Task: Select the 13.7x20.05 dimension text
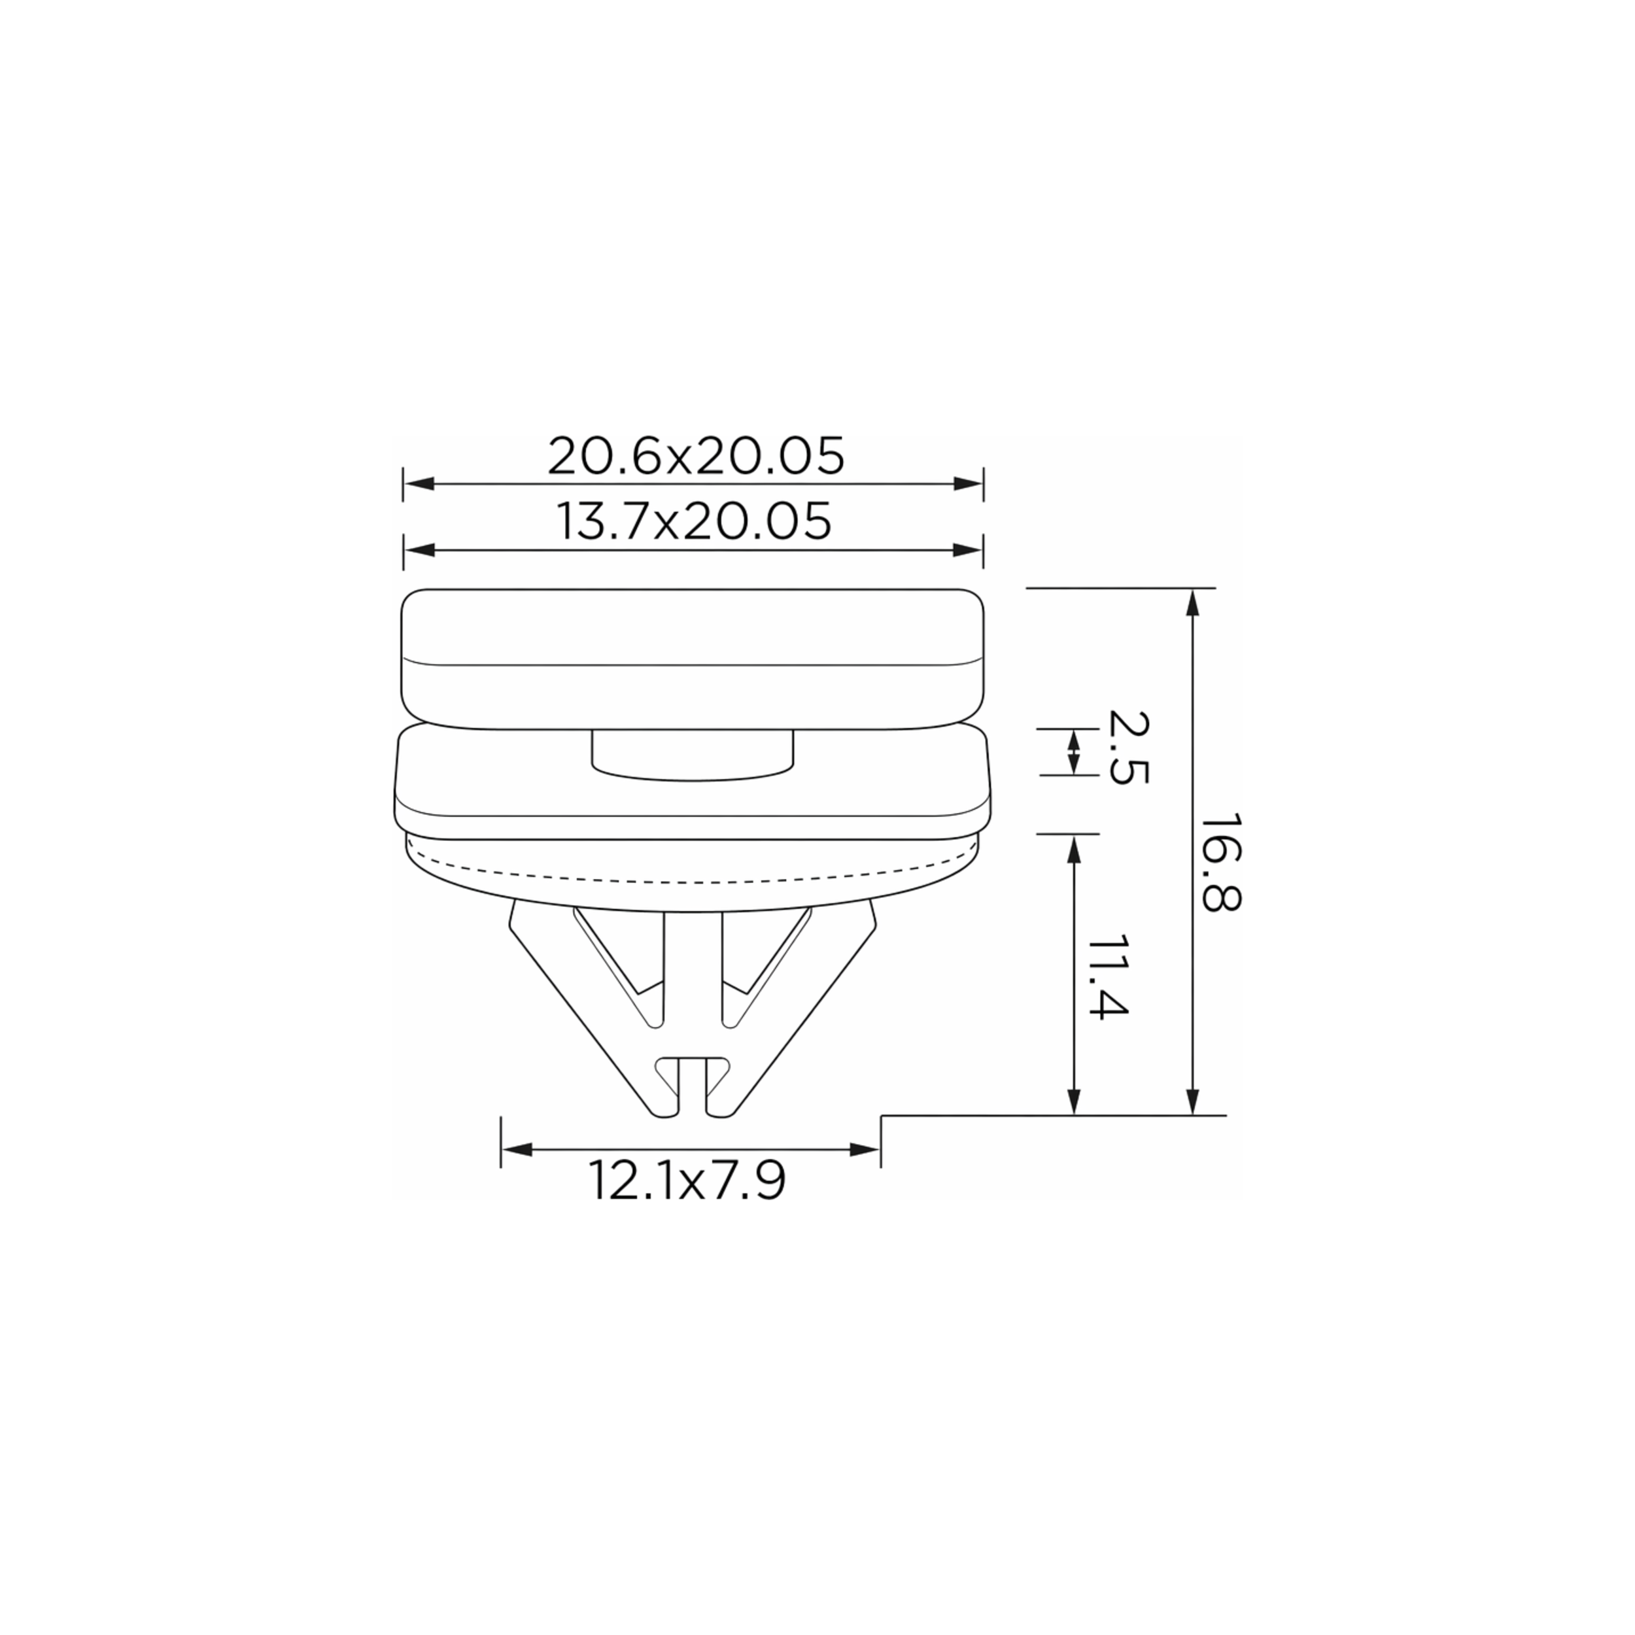coord(694,521)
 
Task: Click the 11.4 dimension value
coord(1108,978)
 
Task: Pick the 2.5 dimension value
coord(1128,748)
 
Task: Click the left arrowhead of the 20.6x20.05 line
coord(420,484)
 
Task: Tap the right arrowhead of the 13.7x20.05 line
coord(967,550)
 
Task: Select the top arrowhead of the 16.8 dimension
coord(1192,604)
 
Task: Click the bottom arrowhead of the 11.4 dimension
coord(1074,1100)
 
